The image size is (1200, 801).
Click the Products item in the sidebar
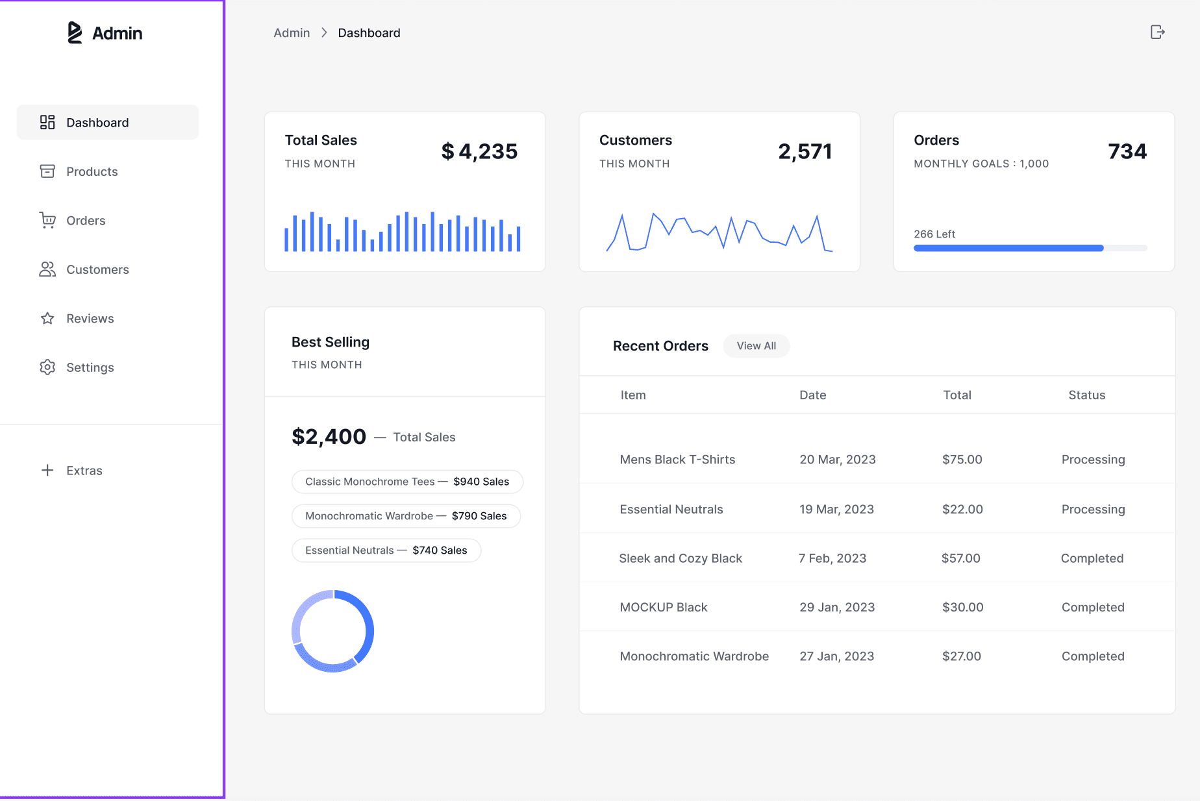coord(92,171)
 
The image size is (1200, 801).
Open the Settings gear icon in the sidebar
coord(47,367)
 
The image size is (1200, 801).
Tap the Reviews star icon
coord(47,319)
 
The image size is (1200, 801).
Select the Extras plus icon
coord(47,471)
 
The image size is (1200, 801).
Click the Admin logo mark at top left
coord(75,32)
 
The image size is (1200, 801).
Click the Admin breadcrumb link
coord(292,33)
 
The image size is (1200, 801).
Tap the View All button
coord(756,346)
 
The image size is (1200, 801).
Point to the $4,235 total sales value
coord(479,151)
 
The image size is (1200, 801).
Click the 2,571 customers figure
coord(805,151)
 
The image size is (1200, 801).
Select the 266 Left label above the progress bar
coord(934,234)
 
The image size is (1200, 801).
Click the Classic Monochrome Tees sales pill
coord(407,482)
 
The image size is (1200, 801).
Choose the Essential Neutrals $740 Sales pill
coord(386,550)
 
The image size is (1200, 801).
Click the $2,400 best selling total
coord(329,437)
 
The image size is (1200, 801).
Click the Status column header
coord(1086,395)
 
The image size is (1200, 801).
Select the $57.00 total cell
coord(960,558)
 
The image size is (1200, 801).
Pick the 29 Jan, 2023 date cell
coord(836,608)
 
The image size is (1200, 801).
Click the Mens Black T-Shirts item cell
coord(677,460)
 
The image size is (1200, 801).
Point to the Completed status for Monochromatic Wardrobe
coord(1092,656)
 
